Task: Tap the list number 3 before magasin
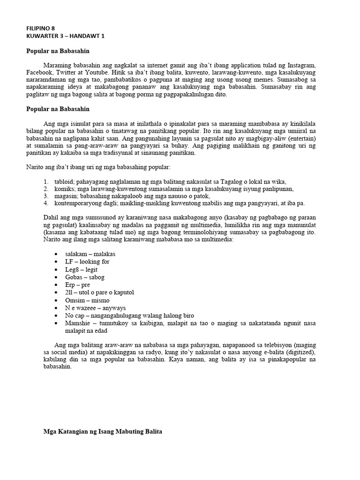[46, 196]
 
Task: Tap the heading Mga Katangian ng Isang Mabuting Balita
[102, 432]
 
